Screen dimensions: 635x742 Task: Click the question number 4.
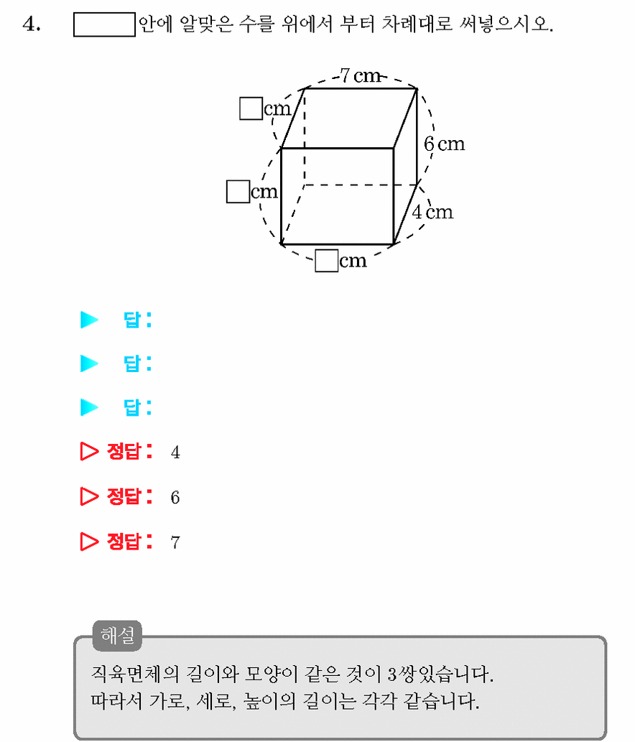31,24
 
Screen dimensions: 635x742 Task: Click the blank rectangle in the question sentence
104,24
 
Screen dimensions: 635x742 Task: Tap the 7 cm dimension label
361,75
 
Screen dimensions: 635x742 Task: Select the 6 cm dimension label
445,144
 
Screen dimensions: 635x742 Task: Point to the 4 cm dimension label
432,211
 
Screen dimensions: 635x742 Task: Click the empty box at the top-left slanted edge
251,108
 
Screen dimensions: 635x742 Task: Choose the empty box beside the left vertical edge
238,191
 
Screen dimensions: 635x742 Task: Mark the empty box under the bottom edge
327,261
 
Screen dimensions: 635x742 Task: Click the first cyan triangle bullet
89,320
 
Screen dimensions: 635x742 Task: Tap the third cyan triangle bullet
89,407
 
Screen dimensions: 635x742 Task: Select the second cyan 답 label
137,363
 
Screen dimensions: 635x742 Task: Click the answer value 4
175,453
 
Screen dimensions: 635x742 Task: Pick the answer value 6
175,497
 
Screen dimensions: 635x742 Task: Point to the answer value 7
175,542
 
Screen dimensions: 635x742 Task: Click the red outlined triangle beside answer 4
89,451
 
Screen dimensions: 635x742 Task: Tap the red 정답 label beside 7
129,542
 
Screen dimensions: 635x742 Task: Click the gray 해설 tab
117,635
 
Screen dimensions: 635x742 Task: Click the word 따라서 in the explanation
116,701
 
